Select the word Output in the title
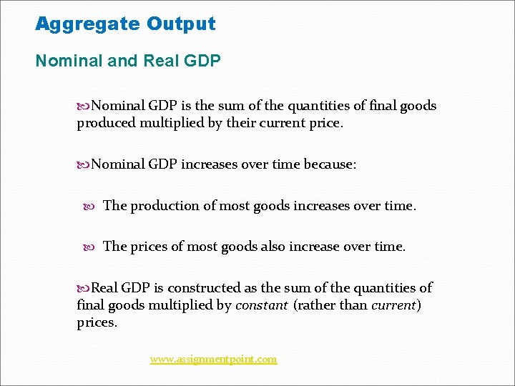tap(181, 24)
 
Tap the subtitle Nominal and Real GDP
tap(128, 61)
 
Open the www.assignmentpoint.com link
tap(213, 359)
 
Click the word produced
tap(106, 123)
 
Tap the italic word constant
tap(262, 305)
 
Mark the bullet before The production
tap(89, 206)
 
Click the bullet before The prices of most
tap(89, 247)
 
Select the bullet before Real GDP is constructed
tap(84, 288)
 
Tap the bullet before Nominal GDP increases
tap(84, 164)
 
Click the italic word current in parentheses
tap(393, 305)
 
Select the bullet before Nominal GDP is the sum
tap(84, 106)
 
